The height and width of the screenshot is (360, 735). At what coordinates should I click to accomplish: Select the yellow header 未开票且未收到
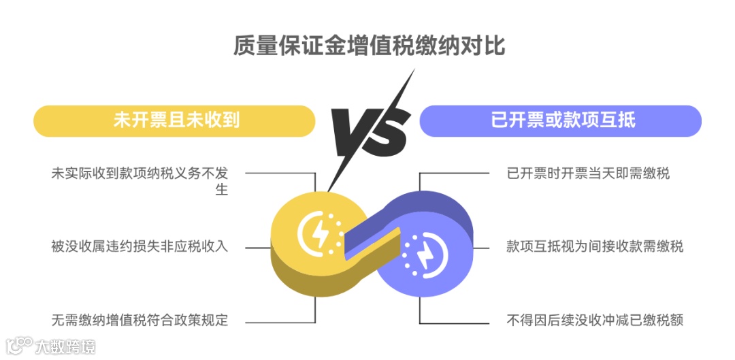(x=175, y=120)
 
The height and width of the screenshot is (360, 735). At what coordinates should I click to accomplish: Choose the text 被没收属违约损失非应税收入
(x=140, y=246)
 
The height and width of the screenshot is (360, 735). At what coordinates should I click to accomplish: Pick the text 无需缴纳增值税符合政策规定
(x=140, y=319)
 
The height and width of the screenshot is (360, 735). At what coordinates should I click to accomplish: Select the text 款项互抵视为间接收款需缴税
(x=595, y=246)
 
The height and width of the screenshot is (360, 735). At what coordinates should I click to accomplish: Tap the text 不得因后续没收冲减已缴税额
(x=595, y=319)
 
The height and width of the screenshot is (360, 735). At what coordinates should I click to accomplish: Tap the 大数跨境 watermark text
(x=65, y=346)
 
